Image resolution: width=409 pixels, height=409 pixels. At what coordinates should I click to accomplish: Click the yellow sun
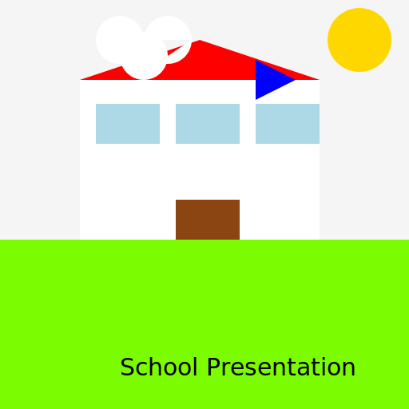[359, 40]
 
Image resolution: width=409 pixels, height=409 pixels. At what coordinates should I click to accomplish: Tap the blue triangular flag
[269, 80]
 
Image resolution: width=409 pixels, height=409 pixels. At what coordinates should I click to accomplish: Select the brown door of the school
[208, 220]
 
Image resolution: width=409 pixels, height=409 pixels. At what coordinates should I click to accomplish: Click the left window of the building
[128, 124]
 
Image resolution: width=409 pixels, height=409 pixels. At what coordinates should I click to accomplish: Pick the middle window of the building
[208, 124]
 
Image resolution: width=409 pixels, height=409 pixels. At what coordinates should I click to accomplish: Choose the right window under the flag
[288, 124]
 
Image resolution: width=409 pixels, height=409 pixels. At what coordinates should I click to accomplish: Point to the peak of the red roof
[200, 42]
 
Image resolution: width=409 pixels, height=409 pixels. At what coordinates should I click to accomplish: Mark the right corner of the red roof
[317, 79]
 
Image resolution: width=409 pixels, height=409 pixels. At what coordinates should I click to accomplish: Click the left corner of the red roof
[83, 79]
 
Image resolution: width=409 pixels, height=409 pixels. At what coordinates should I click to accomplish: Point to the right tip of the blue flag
[294, 80]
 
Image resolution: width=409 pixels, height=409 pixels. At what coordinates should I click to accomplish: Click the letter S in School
[126, 368]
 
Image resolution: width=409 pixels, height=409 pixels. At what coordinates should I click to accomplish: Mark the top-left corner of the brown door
[177, 201]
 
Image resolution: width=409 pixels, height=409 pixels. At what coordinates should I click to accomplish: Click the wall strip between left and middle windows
[168, 124]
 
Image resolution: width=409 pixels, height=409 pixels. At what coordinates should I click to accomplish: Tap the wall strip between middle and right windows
[248, 124]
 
